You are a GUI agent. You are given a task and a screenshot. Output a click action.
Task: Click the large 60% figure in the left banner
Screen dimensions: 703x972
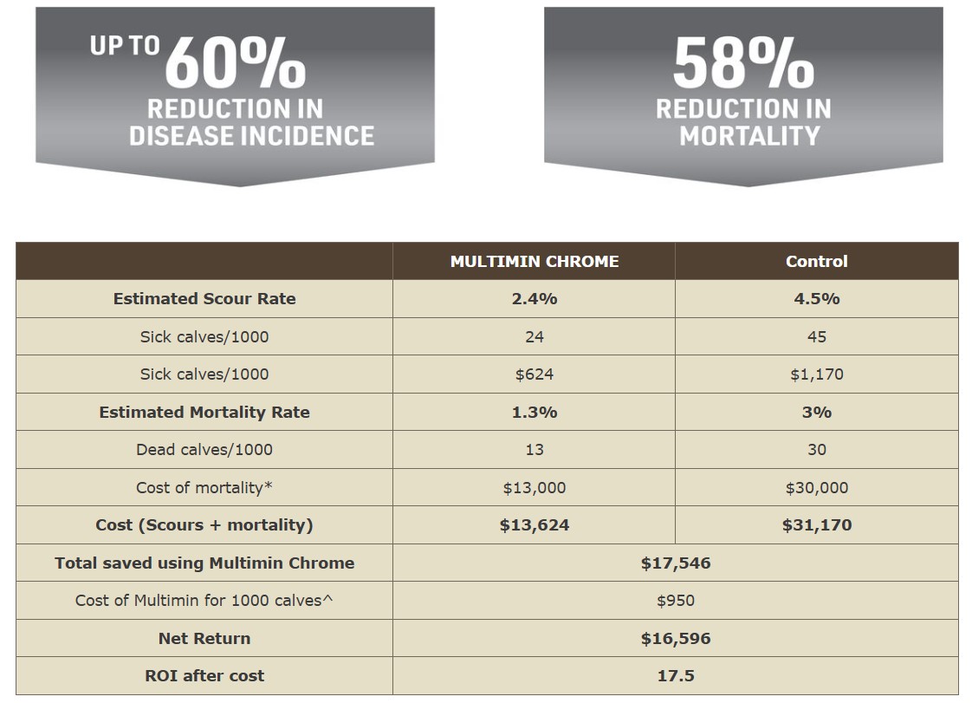coord(236,62)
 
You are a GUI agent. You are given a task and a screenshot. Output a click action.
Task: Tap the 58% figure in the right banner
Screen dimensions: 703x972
coord(743,62)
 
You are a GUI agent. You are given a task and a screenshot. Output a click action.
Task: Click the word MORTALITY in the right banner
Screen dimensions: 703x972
coord(749,136)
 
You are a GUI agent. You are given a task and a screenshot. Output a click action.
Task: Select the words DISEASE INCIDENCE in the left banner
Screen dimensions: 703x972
coord(251,136)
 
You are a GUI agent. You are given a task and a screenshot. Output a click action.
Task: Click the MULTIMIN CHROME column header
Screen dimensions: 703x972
coord(534,261)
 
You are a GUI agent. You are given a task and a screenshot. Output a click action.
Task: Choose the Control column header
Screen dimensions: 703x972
coord(816,261)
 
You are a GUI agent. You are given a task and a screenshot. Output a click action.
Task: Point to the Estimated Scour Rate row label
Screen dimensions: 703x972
coord(204,298)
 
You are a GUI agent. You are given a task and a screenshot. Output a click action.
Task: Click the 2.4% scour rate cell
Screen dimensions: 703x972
coord(534,298)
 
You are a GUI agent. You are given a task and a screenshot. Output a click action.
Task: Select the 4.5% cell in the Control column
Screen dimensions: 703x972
coord(816,298)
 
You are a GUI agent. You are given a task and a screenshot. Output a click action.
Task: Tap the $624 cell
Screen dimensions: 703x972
coord(534,374)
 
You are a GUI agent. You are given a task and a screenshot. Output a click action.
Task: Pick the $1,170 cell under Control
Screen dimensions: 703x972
coord(816,374)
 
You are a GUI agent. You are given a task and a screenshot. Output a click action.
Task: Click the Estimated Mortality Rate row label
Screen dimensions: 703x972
coord(204,412)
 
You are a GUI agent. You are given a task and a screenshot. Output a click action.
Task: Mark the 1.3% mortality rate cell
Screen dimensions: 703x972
coord(534,412)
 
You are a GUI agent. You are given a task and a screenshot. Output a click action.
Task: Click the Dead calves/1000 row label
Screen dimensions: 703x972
coord(204,449)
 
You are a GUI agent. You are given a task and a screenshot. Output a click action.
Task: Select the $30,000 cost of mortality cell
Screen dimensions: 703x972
coord(816,487)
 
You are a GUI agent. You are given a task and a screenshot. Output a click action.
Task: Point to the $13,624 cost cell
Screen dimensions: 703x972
coord(534,524)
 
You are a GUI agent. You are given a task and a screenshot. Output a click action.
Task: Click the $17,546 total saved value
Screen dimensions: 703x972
coord(676,563)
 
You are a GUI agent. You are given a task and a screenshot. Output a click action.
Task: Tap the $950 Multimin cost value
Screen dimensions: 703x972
coord(676,600)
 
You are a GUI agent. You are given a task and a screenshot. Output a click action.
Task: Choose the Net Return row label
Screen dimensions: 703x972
coord(204,638)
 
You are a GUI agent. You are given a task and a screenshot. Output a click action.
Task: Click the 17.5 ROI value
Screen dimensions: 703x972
coord(676,675)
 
